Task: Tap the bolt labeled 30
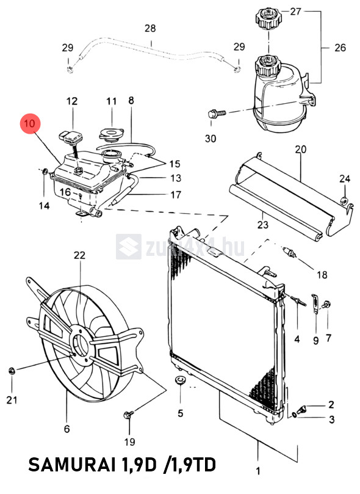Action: pyautogui.click(x=217, y=113)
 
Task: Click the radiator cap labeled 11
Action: pyautogui.click(x=112, y=134)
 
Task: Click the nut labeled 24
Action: pyautogui.click(x=344, y=200)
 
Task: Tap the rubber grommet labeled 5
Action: pyautogui.click(x=181, y=380)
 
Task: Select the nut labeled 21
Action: pyautogui.click(x=12, y=371)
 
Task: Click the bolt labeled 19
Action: pyautogui.click(x=129, y=414)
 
